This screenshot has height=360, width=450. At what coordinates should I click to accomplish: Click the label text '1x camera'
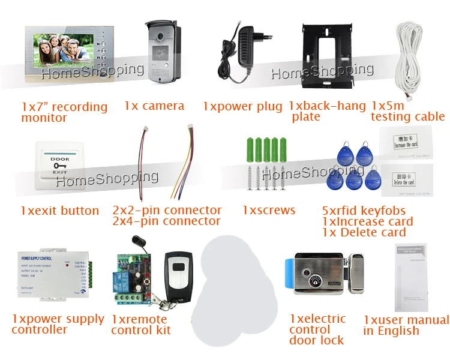[x=154, y=106]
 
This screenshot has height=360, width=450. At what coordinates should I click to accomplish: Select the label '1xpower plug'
[x=242, y=106]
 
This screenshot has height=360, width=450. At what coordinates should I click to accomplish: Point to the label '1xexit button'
[x=59, y=211]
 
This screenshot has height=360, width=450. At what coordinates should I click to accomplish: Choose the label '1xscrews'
[x=269, y=210]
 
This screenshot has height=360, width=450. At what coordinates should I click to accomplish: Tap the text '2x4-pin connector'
[x=166, y=221]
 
